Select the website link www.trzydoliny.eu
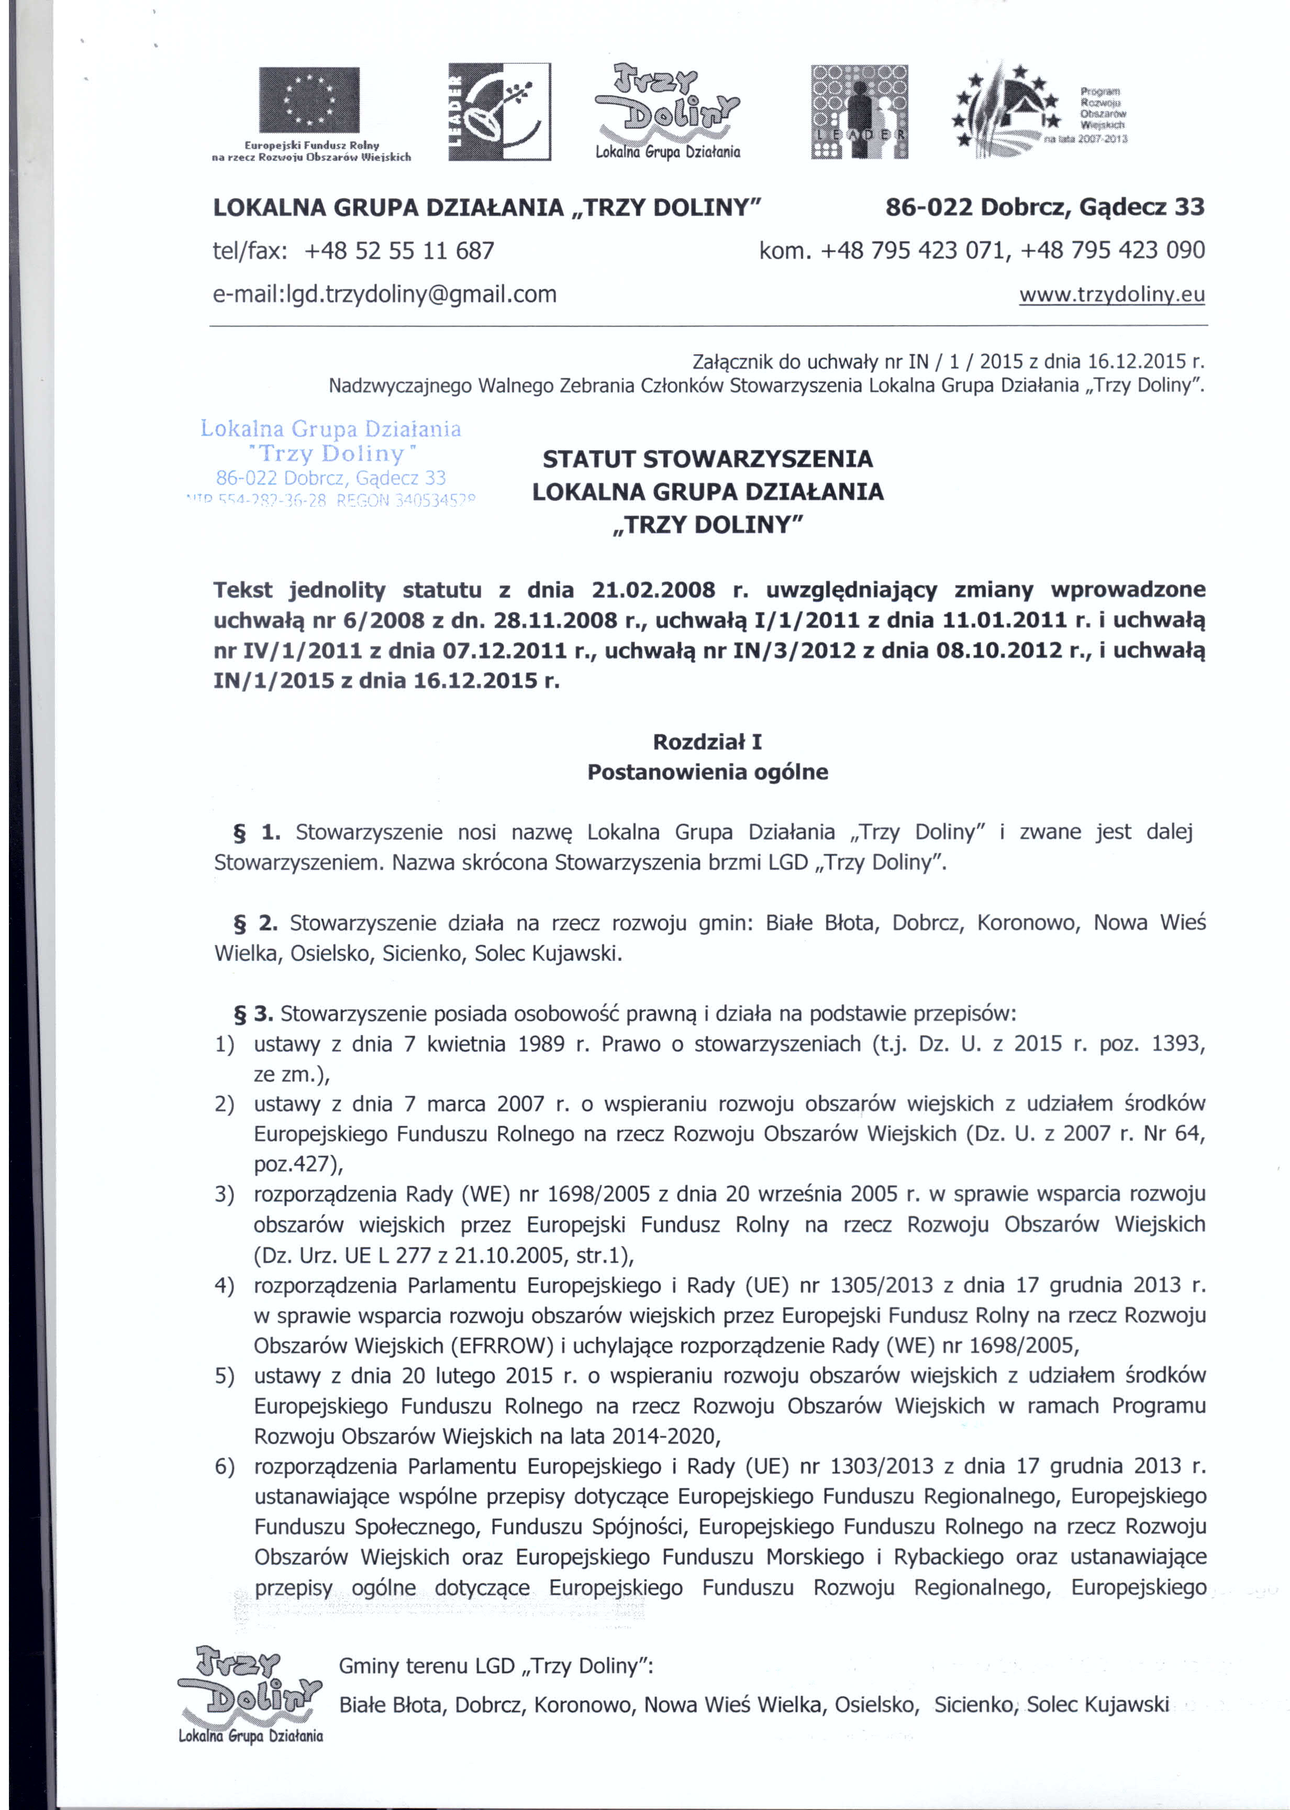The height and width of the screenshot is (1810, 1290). click(1111, 295)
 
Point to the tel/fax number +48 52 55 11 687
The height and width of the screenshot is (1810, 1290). click(399, 251)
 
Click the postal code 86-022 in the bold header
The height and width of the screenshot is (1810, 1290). click(928, 207)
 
